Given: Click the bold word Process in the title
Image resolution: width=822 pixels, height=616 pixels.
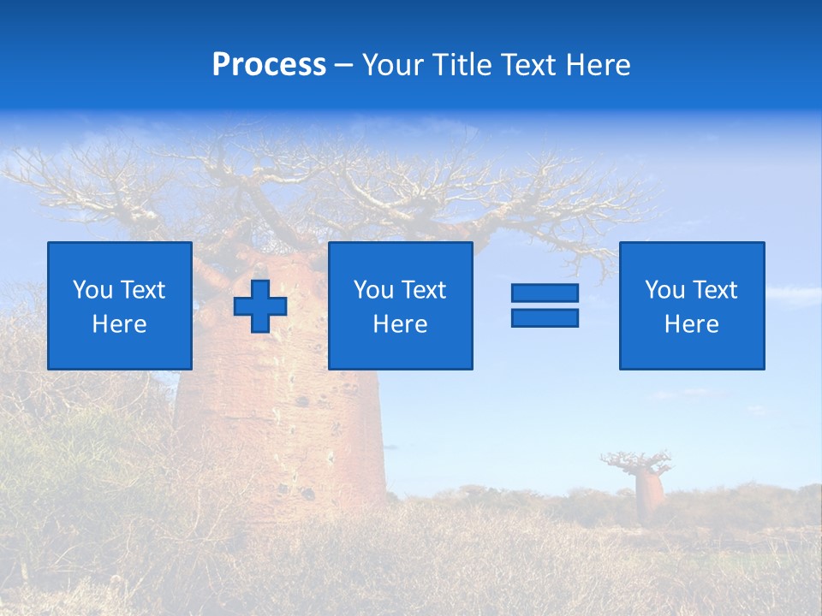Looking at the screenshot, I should click(269, 65).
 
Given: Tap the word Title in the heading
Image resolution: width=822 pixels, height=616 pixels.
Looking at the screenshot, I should click(460, 65).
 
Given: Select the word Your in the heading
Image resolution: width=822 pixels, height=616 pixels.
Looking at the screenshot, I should click(393, 65).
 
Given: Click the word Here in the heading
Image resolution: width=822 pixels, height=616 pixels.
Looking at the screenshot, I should click(599, 65).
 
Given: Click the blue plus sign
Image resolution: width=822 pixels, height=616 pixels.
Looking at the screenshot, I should click(260, 306).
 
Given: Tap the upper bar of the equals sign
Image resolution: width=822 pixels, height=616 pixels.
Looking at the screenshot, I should click(545, 293).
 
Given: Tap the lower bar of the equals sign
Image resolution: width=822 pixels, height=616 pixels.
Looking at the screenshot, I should click(545, 318).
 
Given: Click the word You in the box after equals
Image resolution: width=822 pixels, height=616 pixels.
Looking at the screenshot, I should click(665, 290).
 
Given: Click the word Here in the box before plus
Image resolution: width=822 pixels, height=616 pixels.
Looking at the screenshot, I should click(119, 324).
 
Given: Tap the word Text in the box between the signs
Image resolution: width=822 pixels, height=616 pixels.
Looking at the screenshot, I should click(424, 290).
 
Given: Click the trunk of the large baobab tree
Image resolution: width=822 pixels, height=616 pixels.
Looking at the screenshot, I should click(283, 428).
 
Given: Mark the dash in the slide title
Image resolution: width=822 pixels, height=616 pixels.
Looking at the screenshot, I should click(343, 65).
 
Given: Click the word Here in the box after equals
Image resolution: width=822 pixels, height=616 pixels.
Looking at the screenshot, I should click(691, 324).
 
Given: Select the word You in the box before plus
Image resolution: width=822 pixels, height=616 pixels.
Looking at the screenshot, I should click(93, 290).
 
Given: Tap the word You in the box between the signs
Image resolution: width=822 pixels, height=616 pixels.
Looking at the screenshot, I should click(374, 290).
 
